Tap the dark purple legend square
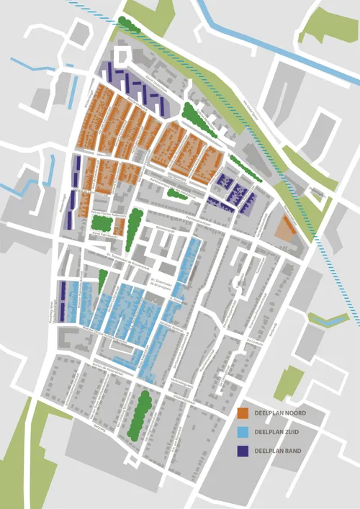243,452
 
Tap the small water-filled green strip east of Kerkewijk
328,317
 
